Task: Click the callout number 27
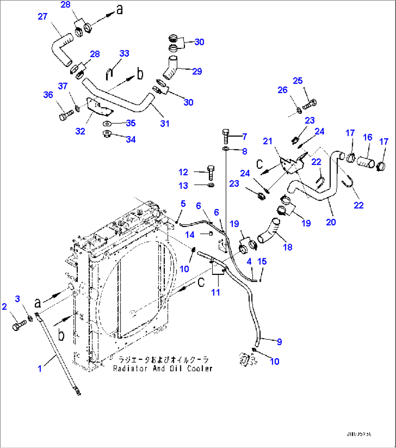pos(43,16)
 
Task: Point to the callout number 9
pos(279,341)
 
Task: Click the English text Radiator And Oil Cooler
pos(162,368)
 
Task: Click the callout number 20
pos(331,222)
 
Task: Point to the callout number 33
pos(124,54)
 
